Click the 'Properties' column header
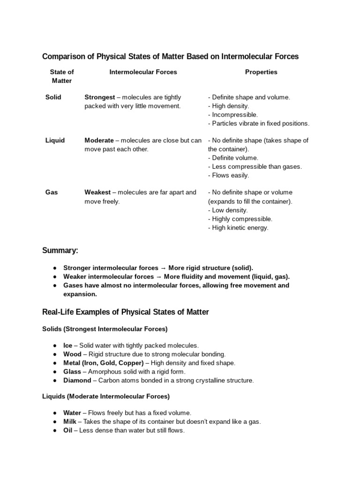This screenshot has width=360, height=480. [x=261, y=72]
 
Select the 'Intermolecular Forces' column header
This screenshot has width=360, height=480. [x=143, y=72]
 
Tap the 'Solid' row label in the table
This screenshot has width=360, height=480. [x=53, y=97]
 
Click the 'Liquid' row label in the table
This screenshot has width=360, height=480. [x=55, y=140]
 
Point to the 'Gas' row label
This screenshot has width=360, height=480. [x=52, y=192]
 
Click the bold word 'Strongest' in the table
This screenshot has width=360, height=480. [x=99, y=97]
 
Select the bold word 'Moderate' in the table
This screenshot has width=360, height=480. [x=99, y=140]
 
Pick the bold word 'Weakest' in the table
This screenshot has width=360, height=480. [x=97, y=192]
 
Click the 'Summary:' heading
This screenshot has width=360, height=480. [x=60, y=251]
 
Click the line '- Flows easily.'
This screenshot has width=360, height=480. [x=229, y=175]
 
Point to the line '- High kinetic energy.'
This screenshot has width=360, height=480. [x=238, y=227]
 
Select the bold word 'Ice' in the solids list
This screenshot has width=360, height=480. [x=68, y=345]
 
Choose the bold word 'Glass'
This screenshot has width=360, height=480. [x=73, y=372]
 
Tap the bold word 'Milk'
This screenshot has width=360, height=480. [x=70, y=421]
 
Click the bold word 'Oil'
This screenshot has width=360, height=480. [x=68, y=430]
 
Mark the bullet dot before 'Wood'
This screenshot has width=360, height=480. [x=55, y=354]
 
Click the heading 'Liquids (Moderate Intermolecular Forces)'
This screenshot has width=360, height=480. [x=106, y=397]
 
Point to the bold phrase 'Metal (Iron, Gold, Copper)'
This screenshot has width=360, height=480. [x=104, y=363]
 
